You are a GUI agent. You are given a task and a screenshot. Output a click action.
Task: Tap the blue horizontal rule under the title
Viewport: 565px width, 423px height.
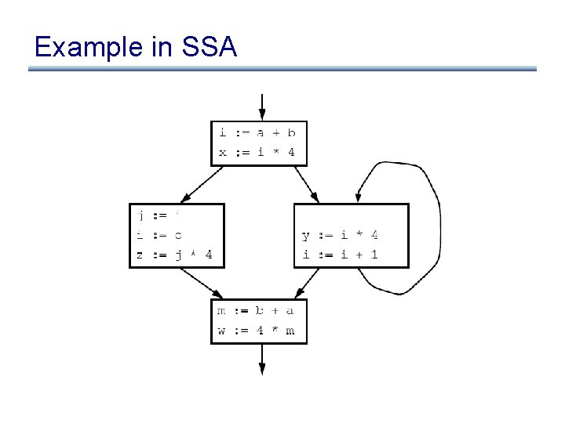(282, 69)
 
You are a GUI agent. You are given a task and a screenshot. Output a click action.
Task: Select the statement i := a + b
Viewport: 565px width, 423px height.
(257, 134)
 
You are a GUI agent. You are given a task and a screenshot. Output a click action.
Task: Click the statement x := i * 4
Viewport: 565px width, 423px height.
(257, 152)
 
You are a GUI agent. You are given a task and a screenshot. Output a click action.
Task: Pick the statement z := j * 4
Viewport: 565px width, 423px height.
(176, 254)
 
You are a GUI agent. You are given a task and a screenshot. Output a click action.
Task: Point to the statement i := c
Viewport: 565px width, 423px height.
(160, 233)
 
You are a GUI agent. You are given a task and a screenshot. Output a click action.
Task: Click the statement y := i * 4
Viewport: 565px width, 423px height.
(341, 234)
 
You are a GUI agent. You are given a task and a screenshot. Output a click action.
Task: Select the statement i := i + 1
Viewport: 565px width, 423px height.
(341, 254)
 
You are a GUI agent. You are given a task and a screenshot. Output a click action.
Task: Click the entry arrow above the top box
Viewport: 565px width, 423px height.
(262, 106)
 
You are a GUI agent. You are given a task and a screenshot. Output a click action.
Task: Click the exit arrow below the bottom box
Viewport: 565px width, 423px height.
(262, 360)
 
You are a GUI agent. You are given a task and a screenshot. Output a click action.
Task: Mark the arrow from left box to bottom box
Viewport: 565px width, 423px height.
(199, 283)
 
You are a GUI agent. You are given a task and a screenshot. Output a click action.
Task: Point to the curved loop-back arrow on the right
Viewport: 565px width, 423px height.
(436, 227)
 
